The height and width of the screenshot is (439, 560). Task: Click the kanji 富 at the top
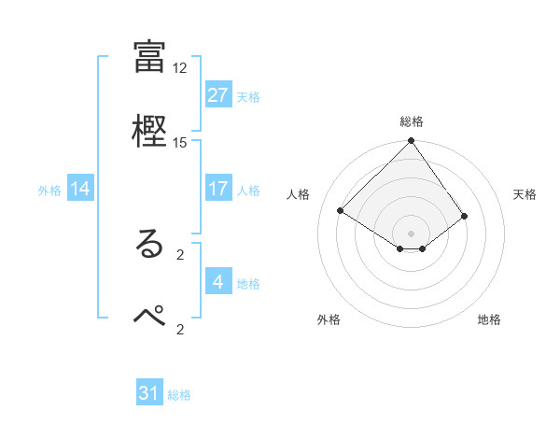tap(149, 56)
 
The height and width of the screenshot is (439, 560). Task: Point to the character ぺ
tap(149, 317)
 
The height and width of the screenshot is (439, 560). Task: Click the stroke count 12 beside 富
tap(180, 68)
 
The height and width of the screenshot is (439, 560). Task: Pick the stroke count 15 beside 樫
tap(180, 142)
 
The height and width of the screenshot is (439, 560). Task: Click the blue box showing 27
tap(217, 94)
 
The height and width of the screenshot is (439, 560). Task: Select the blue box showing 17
tap(217, 189)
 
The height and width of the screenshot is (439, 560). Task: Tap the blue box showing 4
tap(217, 282)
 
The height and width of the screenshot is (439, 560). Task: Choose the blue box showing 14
tap(80, 189)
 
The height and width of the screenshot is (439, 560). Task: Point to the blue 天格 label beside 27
tap(248, 96)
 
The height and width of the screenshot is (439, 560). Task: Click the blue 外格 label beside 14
tap(49, 190)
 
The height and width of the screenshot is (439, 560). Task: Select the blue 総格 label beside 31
tap(179, 395)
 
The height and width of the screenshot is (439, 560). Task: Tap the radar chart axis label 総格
tap(412, 121)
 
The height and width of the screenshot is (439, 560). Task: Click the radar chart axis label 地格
tap(489, 319)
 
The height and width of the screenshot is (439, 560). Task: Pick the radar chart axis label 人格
tap(299, 194)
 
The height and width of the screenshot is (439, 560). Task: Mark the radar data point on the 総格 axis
tap(411, 142)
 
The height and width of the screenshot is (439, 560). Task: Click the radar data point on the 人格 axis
tap(342, 210)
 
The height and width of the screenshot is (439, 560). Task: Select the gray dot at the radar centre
tap(411, 233)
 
